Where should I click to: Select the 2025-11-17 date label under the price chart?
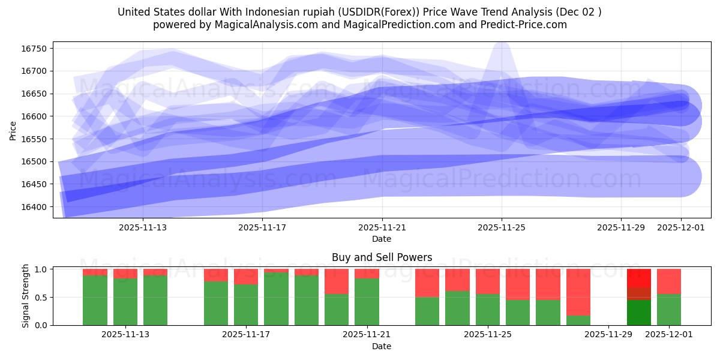[262, 227]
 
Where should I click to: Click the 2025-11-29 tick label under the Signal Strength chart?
[608, 334]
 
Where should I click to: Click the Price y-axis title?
[13, 130]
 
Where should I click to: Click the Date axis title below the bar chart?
[382, 346]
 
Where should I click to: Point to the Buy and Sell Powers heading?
[382, 257]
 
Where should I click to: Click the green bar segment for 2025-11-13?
[125, 302]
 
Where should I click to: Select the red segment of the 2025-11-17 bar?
[246, 276]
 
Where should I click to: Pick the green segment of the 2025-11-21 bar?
[367, 302]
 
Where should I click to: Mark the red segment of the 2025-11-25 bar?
[487, 281]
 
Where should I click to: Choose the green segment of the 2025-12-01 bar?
[668, 310]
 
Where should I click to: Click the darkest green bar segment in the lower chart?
[638, 313]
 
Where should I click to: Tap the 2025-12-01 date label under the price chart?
[680, 227]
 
